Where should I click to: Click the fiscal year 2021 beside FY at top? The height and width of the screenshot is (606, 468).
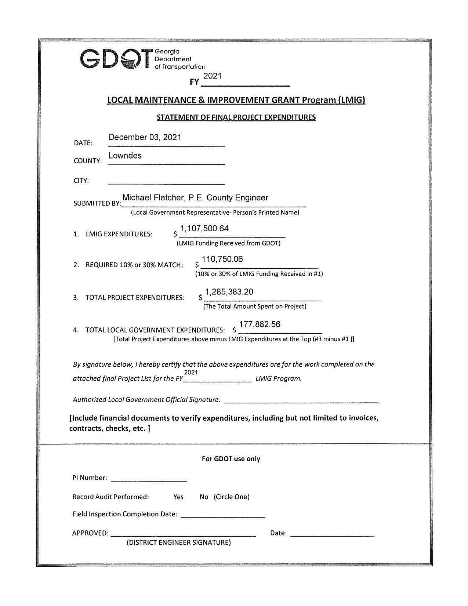pyautogui.click(x=212, y=76)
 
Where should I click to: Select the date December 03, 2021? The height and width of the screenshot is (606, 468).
pyautogui.click(x=145, y=137)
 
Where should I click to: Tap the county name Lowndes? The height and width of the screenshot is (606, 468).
pyautogui.click(x=125, y=156)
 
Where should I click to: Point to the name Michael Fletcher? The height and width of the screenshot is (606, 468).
pyautogui.click(x=151, y=198)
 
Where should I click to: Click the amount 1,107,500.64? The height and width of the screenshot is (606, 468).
pyautogui.click(x=204, y=229)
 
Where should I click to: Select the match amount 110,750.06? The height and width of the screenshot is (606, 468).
pyautogui.click(x=222, y=260)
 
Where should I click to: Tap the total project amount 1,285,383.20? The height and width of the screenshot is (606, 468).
pyautogui.click(x=229, y=292)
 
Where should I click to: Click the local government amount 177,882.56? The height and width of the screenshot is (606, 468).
pyautogui.click(x=260, y=324)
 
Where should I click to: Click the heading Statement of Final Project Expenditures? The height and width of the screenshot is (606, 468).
pyautogui.click(x=236, y=117)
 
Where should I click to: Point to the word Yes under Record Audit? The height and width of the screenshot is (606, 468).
pyautogui.click(x=178, y=497)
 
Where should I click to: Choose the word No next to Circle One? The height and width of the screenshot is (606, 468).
pyautogui.click(x=204, y=497)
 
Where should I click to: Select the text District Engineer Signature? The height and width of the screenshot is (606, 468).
pyautogui.click(x=179, y=543)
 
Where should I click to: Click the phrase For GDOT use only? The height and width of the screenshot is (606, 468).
pyautogui.click(x=231, y=459)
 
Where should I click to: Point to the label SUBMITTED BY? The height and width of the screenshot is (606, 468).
pyautogui.click(x=97, y=203)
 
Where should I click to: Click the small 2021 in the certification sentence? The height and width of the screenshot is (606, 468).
pyautogui.click(x=191, y=373)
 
